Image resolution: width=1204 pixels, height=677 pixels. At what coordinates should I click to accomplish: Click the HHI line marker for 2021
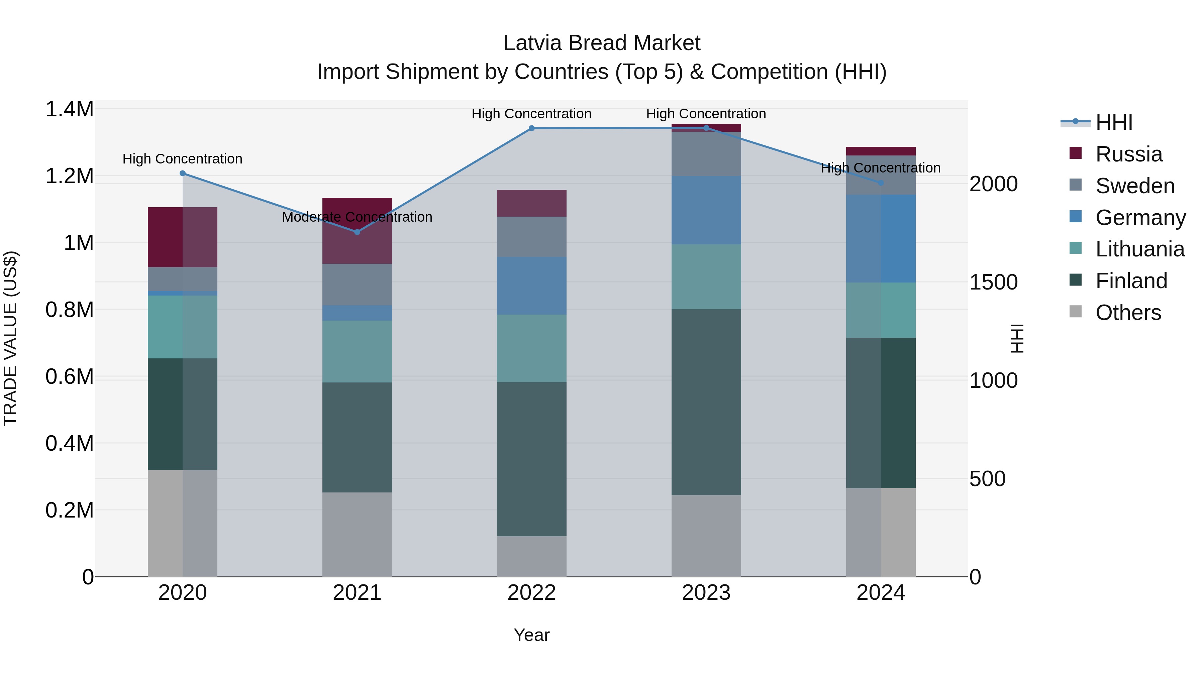pyautogui.click(x=357, y=232)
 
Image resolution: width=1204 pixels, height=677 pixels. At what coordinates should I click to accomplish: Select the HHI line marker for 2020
pyautogui.click(x=183, y=173)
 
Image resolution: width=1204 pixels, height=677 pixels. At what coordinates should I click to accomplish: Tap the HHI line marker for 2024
pyautogui.click(x=881, y=183)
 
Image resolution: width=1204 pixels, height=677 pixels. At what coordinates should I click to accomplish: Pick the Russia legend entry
pyautogui.click(x=1128, y=154)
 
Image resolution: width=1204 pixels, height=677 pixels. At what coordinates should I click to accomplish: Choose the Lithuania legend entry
pyautogui.click(x=1139, y=249)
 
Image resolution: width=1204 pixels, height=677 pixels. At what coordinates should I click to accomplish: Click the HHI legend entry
pyautogui.click(x=1113, y=122)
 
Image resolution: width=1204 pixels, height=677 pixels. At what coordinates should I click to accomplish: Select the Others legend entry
pyautogui.click(x=1128, y=313)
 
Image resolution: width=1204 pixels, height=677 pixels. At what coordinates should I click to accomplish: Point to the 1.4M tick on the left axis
pyautogui.click(x=69, y=109)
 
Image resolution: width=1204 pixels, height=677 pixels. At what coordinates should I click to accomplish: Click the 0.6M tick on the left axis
pyautogui.click(x=69, y=376)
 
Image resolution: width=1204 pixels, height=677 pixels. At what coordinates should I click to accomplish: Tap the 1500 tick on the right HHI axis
pyautogui.click(x=993, y=282)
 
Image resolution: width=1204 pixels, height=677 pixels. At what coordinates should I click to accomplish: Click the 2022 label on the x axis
pyautogui.click(x=531, y=593)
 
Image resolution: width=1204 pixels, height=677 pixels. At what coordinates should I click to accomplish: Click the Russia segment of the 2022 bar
pyautogui.click(x=531, y=203)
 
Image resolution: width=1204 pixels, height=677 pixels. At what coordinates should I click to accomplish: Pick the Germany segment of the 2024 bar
pyautogui.click(x=881, y=238)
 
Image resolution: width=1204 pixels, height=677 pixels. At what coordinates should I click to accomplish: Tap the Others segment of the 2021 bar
pyautogui.click(x=357, y=534)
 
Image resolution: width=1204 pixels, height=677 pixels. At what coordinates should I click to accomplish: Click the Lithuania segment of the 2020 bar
pyautogui.click(x=183, y=327)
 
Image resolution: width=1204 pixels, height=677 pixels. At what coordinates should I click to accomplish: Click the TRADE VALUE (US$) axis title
pyautogui.click(x=10, y=338)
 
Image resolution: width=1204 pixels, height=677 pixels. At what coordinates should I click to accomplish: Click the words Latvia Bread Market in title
pyautogui.click(x=602, y=43)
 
